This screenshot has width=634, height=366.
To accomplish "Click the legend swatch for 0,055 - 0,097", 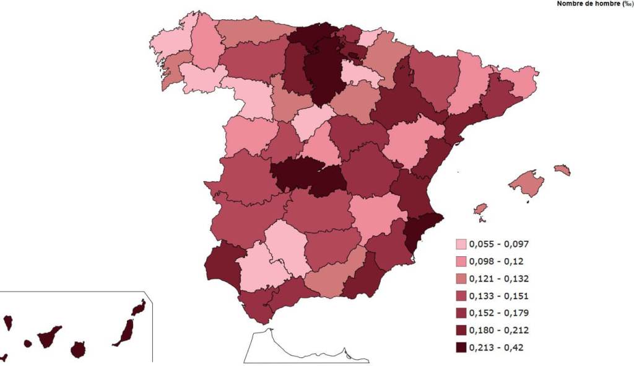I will pos(461,244).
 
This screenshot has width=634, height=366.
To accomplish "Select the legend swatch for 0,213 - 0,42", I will pos(461,347).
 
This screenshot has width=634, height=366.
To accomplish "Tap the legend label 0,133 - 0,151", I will pos(499,296).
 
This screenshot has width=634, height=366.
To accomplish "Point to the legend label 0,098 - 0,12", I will pos(496,261).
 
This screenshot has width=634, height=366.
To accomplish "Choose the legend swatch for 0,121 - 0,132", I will pos(461,279).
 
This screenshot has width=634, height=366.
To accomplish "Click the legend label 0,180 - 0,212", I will pos(499,330).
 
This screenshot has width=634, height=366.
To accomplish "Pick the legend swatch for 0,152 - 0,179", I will pos(461,313).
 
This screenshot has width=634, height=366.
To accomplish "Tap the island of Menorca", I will pos(562,169).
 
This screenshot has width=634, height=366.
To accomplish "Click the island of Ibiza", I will pos(480,210).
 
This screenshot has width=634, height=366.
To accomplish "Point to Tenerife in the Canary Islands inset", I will pos(48,337).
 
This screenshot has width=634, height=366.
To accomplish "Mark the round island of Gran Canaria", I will pos(77,349).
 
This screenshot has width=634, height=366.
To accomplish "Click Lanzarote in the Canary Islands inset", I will pos(139,308).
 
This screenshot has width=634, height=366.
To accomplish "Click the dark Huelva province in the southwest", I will pos(220,264).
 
